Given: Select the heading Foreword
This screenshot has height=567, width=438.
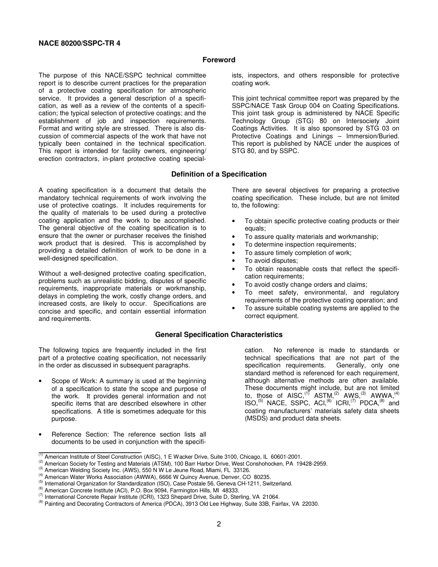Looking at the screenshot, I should [x=219, y=60].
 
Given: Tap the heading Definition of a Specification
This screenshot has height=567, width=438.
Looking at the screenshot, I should [x=219, y=174].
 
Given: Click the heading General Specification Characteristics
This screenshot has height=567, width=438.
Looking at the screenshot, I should [x=219, y=334].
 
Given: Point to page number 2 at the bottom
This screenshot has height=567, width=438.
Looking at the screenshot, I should [x=219, y=524].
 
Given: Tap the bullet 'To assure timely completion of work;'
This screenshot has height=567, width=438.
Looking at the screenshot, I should [x=298, y=253].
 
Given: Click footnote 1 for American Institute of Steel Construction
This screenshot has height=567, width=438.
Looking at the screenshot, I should [x=171, y=457].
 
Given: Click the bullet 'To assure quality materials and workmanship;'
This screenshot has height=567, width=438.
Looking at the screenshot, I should [x=311, y=237].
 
